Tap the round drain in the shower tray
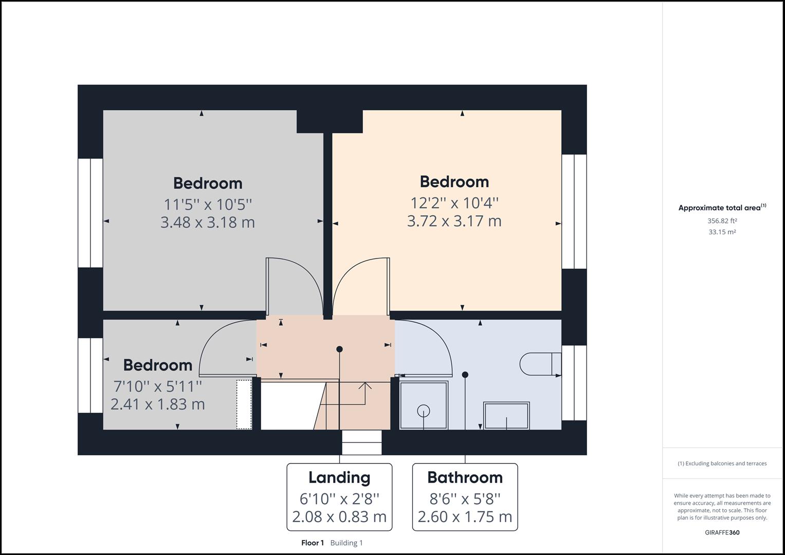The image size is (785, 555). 424,411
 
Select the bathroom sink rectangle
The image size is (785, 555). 506,415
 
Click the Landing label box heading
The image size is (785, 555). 339,477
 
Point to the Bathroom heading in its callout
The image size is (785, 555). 465,477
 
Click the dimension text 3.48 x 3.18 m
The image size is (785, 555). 208,223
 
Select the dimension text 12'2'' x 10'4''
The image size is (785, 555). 454,203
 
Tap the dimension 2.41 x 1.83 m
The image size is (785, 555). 158,404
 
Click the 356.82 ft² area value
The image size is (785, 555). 722,221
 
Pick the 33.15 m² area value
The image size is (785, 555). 722,232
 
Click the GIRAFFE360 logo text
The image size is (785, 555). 722,532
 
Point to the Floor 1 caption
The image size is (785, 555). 313,543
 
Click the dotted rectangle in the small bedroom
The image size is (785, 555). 244,404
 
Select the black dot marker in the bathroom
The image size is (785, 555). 465,375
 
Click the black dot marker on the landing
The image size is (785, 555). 339,349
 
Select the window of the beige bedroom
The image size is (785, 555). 574,211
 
